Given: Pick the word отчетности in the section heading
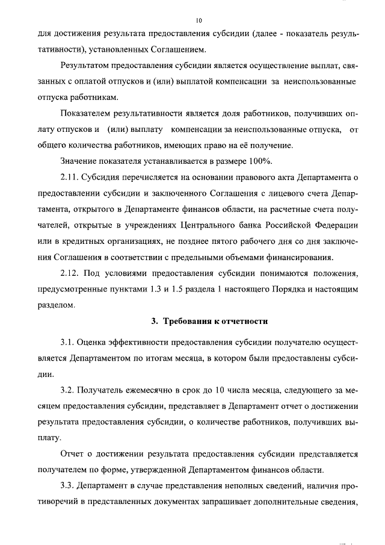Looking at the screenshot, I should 242,321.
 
